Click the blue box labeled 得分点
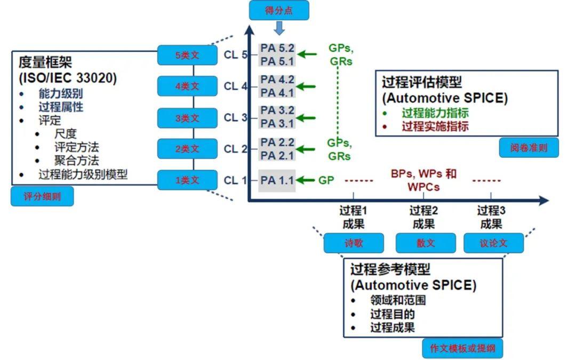(279, 11)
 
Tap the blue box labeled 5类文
(187, 55)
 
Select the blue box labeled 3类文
(187, 118)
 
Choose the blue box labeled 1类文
(187, 180)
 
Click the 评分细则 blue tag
(42, 196)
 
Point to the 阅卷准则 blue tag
(529, 148)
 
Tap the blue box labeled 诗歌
(354, 243)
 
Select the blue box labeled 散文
(426, 243)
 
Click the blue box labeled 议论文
(493, 243)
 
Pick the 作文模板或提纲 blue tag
(462, 349)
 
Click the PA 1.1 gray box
(277, 180)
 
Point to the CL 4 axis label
(235, 86)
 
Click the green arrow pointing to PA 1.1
(306, 180)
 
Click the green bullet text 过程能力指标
(435, 113)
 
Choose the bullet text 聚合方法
(76, 160)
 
